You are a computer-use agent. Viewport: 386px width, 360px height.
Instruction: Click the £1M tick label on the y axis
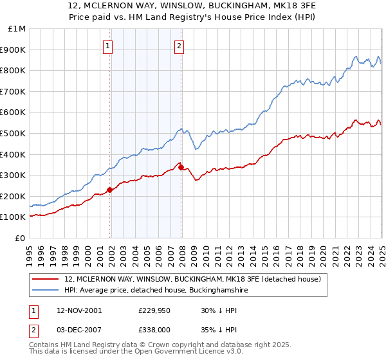[x=16, y=29]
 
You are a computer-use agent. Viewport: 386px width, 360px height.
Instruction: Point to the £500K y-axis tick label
[x=14, y=133]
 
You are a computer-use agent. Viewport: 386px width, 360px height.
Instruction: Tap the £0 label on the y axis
[x=20, y=238]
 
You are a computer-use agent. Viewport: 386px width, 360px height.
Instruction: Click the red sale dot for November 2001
[x=110, y=190]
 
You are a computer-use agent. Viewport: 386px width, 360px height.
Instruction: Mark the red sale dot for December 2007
[x=181, y=167]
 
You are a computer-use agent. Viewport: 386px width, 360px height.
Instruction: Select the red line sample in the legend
[x=46, y=280]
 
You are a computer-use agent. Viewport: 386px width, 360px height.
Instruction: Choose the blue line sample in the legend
[x=46, y=291]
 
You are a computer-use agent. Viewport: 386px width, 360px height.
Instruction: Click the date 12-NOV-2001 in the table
[x=79, y=310]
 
